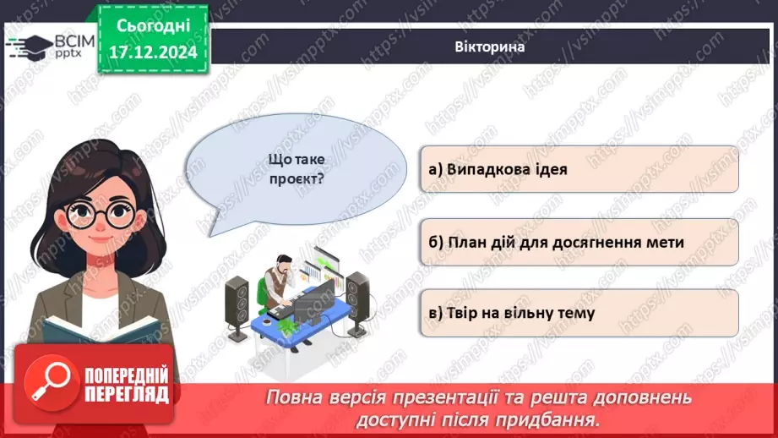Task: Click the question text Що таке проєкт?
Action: coord(295,168)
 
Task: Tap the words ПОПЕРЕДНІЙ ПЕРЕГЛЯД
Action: coord(126,386)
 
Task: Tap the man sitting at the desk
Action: coord(277,283)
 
